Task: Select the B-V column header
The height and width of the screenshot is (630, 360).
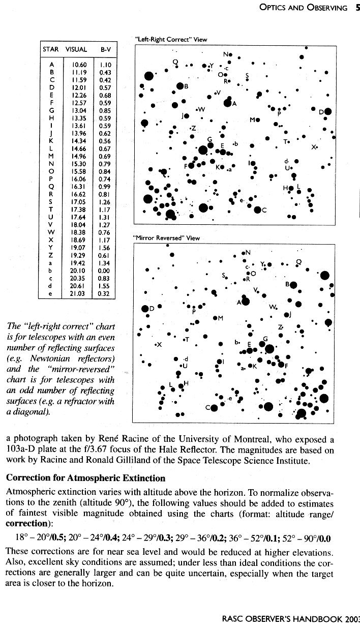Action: [105, 50]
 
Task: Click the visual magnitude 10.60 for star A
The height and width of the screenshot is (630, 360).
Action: [79, 65]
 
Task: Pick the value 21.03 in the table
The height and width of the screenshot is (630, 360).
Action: [79, 293]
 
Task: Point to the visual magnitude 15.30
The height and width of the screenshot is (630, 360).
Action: [79, 164]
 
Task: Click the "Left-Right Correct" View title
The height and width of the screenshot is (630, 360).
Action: [171, 39]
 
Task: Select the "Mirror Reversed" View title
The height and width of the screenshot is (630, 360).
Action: [166, 237]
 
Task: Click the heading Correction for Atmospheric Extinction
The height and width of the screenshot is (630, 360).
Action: [85, 478]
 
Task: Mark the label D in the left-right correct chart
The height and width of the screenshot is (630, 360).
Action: [321, 112]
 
